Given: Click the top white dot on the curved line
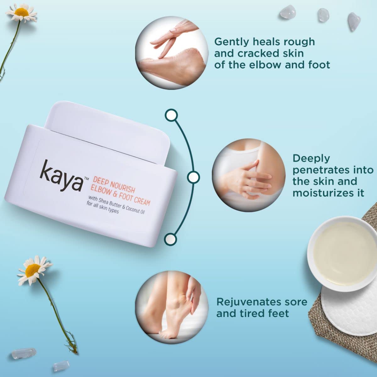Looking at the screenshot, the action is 172,115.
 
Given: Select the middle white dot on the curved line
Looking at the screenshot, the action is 193,177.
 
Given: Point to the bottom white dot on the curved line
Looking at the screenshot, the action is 170,239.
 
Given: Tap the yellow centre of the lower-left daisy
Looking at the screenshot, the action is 32,269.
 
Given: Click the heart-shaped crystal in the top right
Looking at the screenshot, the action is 354,21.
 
